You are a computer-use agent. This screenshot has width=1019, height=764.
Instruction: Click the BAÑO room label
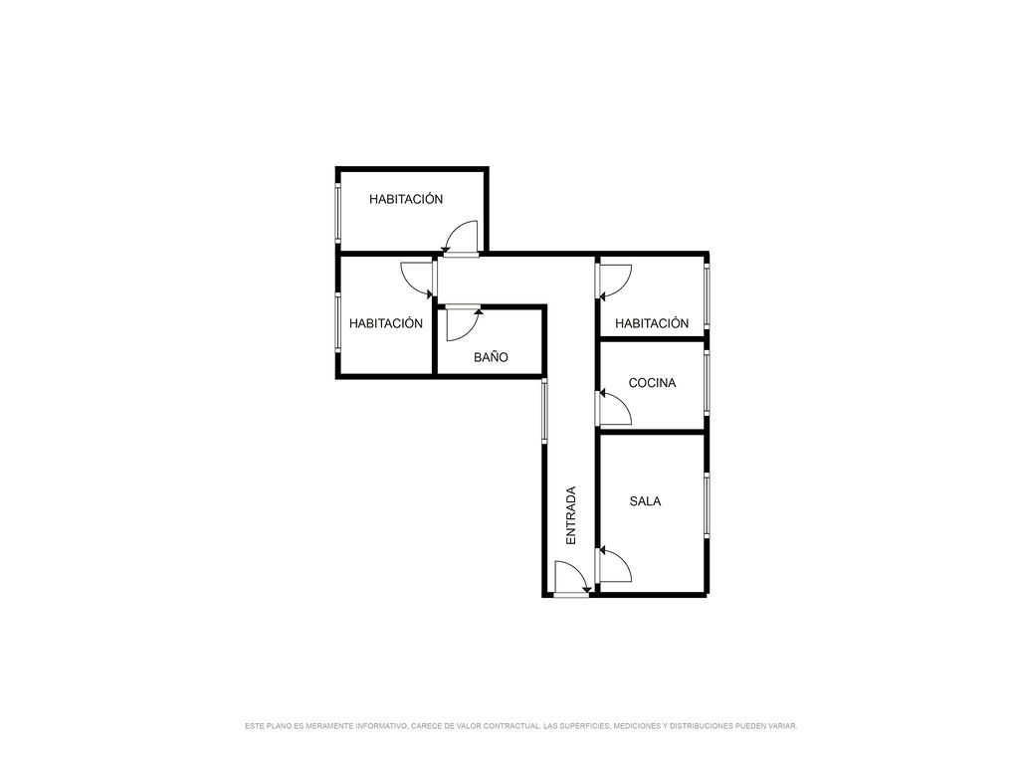(491, 357)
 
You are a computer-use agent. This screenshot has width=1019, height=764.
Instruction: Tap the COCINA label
(652, 383)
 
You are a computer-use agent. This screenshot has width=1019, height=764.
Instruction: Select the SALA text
(645, 501)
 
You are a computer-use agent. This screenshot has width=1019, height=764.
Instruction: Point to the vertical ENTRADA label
(571, 515)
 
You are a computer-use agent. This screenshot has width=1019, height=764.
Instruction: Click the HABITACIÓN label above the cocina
(652, 323)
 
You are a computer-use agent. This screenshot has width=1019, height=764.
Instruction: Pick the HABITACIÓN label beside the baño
(386, 323)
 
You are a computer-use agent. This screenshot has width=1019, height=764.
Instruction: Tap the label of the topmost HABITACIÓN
(406, 199)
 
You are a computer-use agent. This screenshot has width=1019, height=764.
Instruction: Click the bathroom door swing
(462, 324)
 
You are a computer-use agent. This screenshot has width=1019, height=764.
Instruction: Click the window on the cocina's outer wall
(707, 382)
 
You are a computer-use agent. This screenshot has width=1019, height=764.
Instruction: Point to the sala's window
(707, 504)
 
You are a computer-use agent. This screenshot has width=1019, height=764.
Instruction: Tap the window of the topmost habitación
(338, 213)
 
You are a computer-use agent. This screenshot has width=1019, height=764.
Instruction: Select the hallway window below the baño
(544, 411)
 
